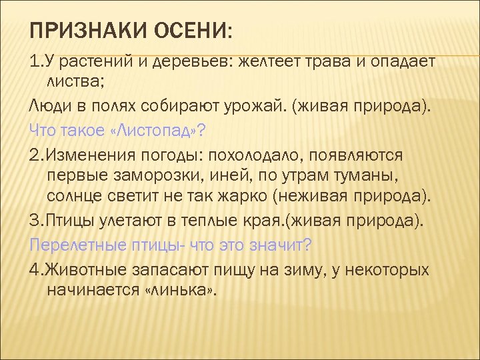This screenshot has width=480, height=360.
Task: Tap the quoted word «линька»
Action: click(181, 291)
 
